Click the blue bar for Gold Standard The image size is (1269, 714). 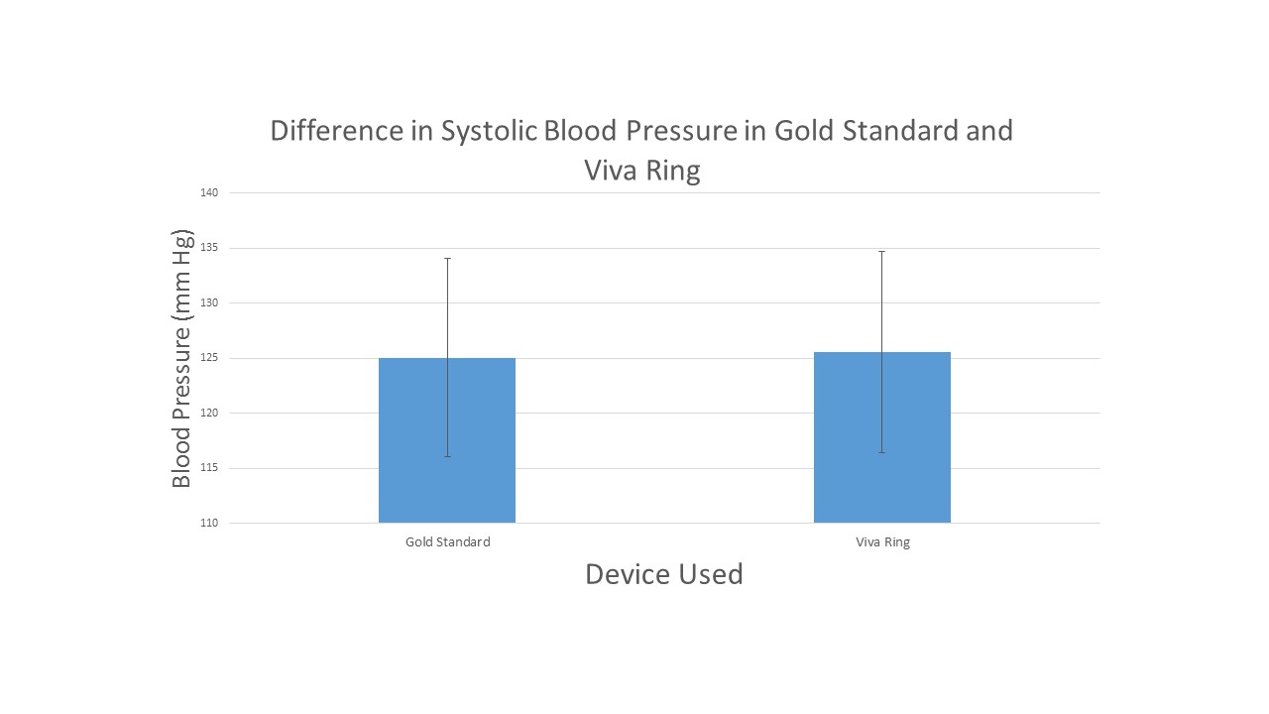pos(446,440)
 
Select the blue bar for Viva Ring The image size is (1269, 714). pos(882,437)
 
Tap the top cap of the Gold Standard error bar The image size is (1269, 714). pos(447,258)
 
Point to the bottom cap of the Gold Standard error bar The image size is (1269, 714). pos(447,456)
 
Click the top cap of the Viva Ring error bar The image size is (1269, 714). pos(882,252)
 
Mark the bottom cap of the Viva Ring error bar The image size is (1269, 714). pos(882,452)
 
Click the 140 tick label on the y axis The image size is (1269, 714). pos(209,192)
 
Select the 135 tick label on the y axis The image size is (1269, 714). pos(209,248)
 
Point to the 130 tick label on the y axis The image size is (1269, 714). pos(209,302)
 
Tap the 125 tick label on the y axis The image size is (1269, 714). pos(209,358)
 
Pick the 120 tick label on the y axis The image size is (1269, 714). pos(209,413)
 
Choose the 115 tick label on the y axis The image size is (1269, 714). pos(209,468)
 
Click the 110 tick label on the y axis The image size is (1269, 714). pos(209,523)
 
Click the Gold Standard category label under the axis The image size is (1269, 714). pos(447,542)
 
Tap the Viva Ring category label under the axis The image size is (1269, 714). pos(882,542)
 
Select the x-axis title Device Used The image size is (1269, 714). pos(663,574)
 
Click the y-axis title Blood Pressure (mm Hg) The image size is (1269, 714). pos(181,358)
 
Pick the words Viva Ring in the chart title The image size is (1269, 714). pos(641,171)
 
